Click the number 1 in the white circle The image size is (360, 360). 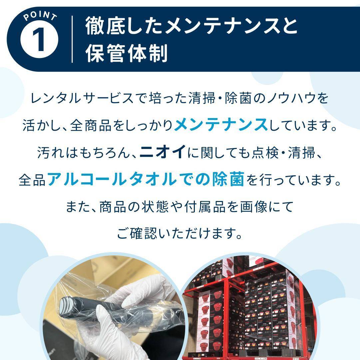[39, 40]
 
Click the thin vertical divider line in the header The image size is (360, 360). [72, 39]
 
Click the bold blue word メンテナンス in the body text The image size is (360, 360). [221, 126]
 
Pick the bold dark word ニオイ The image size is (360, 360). [163, 153]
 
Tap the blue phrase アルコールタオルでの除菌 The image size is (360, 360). [146, 180]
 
